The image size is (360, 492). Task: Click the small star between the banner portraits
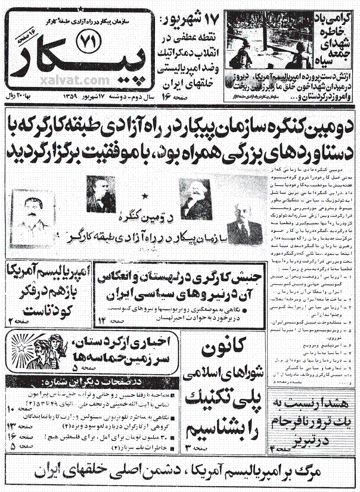144,195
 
